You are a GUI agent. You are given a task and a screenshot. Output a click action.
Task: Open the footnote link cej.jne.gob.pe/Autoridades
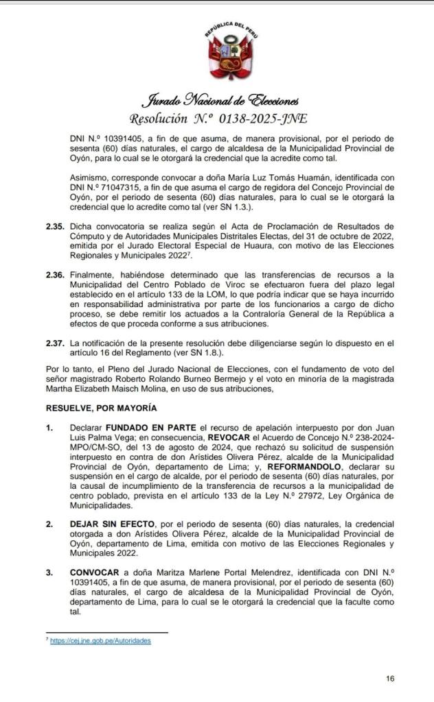100,640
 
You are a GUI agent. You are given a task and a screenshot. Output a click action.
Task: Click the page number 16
390,679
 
